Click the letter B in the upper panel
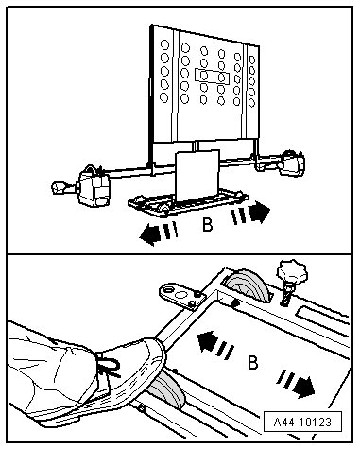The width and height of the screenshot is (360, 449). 207,225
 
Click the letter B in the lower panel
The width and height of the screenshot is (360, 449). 252,363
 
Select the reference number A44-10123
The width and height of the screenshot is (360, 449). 302,422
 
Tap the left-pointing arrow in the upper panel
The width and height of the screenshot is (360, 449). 159,233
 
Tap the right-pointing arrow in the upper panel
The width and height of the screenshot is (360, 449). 250,213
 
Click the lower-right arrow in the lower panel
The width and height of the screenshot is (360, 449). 296,384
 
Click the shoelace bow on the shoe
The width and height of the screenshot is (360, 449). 109,366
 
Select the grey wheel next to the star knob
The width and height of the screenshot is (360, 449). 249,285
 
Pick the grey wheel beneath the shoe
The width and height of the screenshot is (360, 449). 167,389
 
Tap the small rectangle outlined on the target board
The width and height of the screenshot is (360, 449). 212,77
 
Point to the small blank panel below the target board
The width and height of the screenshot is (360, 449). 197,175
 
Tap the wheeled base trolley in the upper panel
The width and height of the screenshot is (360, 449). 188,202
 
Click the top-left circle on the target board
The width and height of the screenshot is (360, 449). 164,44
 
